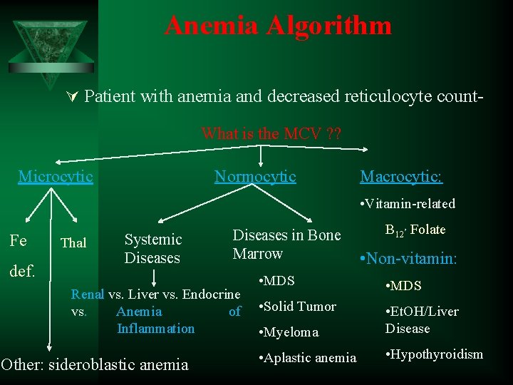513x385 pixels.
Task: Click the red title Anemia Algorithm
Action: [278, 26]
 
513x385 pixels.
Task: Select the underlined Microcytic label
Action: [56, 176]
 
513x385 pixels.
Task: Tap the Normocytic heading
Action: [255, 176]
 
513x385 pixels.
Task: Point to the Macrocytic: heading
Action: [401, 176]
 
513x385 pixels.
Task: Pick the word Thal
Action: [73, 243]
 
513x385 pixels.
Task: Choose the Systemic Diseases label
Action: [152, 248]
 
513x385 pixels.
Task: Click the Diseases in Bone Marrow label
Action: [286, 244]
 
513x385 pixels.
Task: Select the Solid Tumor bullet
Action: [298, 307]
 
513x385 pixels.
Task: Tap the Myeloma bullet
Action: [290, 332]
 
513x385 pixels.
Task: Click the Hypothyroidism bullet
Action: [434, 354]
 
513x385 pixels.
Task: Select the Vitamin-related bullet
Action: [408, 204]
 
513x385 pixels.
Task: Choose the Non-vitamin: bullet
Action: [408, 259]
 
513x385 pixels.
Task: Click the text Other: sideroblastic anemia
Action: [95, 365]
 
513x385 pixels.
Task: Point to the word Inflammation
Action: [155, 328]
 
